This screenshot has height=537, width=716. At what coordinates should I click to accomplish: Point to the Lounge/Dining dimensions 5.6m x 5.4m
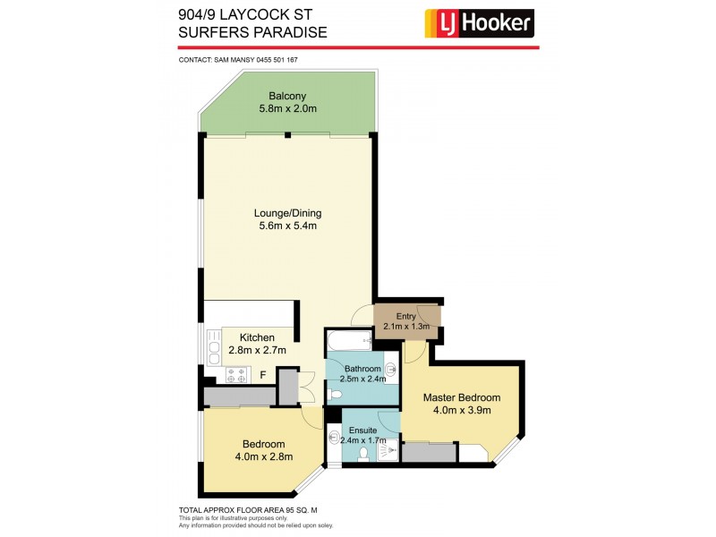287,226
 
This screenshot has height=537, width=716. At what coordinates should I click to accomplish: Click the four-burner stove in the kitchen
235,376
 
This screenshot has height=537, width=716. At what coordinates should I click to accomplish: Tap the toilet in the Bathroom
333,394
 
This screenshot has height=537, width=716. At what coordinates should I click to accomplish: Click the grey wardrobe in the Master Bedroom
429,452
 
